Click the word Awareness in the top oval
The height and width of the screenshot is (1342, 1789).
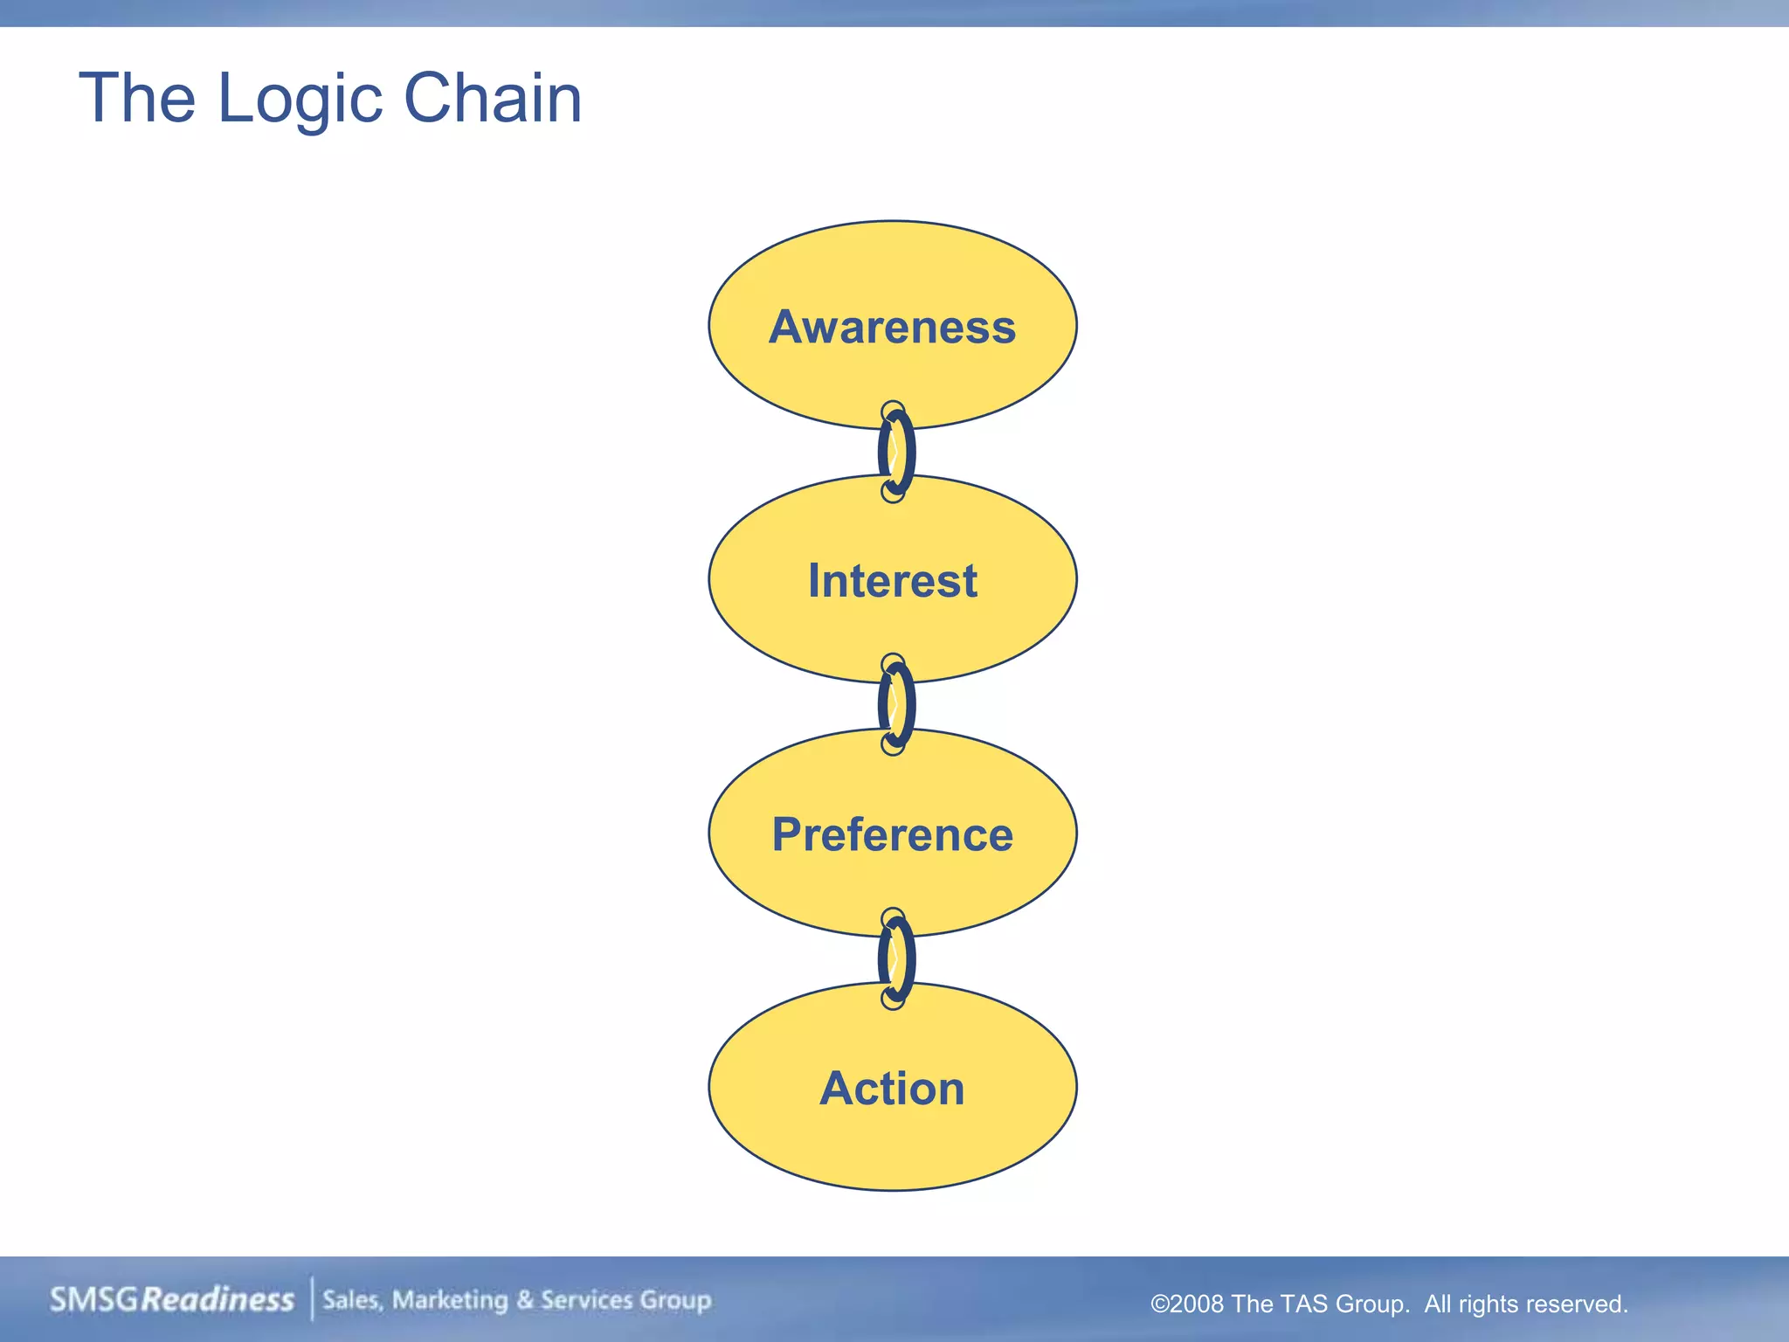(x=892, y=328)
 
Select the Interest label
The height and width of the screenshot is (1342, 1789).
(x=892, y=581)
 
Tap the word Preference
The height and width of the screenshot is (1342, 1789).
(x=892, y=834)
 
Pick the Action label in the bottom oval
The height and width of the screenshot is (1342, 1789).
(x=892, y=1089)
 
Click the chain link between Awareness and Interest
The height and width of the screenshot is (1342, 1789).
(x=895, y=452)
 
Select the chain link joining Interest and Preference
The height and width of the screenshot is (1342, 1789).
(x=895, y=704)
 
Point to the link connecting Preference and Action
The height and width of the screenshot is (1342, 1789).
(x=895, y=958)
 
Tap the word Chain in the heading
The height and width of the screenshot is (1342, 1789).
(x=493, y=98)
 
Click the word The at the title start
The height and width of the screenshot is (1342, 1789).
(x=136, y=98)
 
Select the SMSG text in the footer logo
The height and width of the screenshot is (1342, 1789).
(x=94, y=1300)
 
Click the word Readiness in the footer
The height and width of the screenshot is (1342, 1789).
(x=218, y=1300)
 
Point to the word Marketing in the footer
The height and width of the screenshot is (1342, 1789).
(x=450, y=1300)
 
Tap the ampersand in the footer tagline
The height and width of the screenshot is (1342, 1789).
(x=524, y=1300)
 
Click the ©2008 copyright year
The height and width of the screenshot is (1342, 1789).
(x=1187, y=1304)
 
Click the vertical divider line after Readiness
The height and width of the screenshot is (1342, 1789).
(x=312, y=1298)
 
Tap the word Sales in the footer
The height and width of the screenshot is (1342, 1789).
(x=352, y=1300)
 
